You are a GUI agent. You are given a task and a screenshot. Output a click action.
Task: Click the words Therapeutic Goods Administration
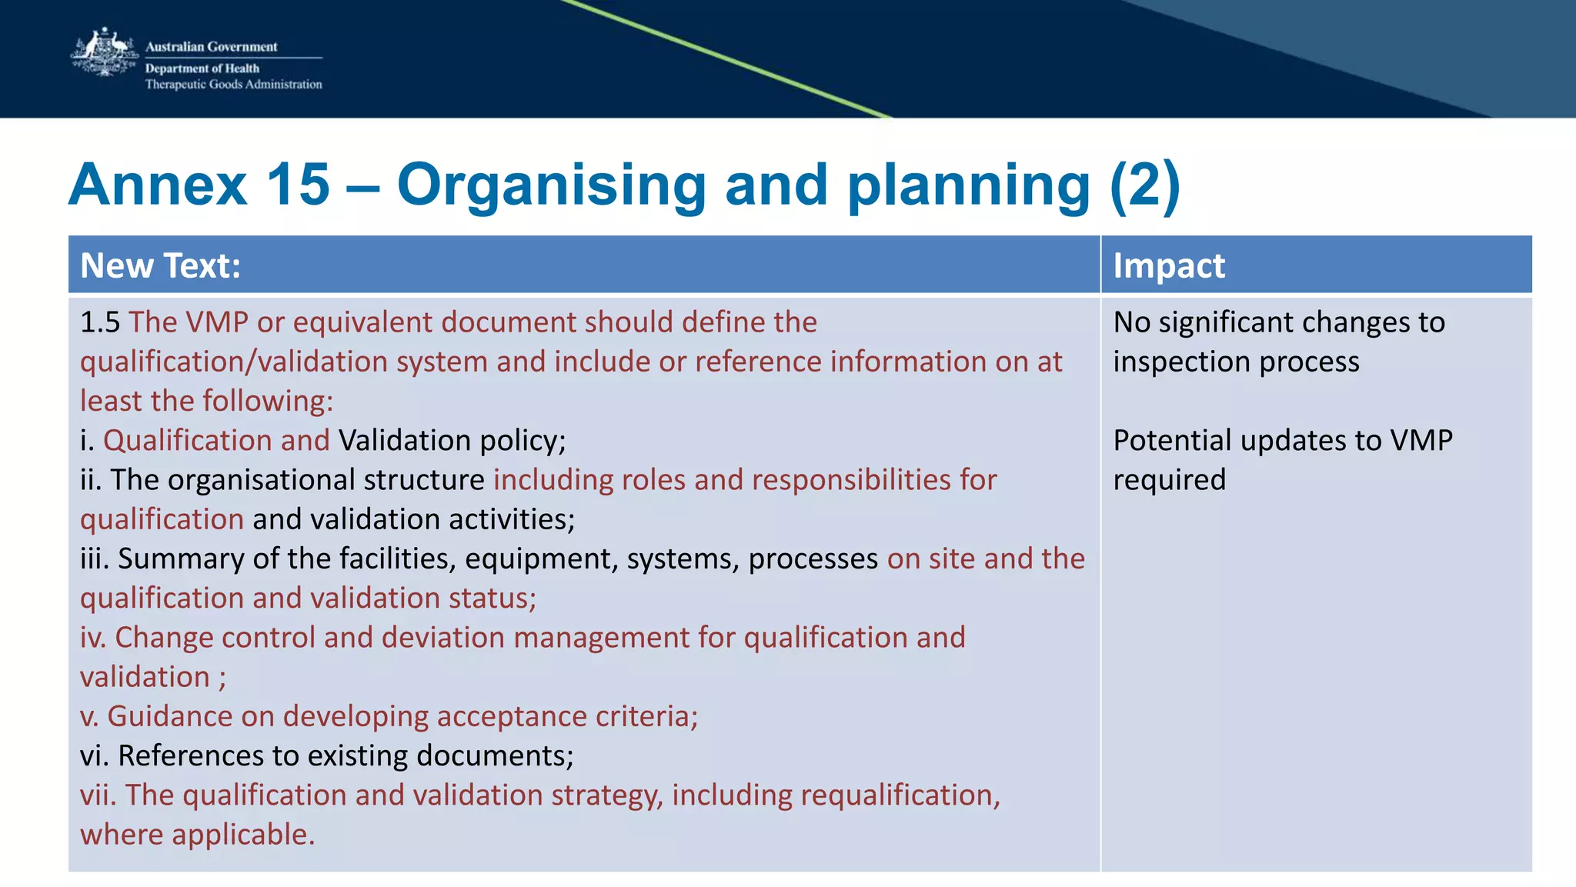pyautogui.click(x=233, y=85)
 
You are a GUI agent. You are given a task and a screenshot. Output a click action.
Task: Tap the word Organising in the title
pyautogui.click(x=551, y=185)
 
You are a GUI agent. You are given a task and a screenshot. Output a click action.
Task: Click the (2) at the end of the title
pyautogui.click(x=1144, y=185)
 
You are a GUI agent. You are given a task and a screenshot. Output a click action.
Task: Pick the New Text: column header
pyautogui.click(x=160, y=266)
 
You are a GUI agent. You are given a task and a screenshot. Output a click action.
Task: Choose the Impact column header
pyautogui.click(x=1168, y=266)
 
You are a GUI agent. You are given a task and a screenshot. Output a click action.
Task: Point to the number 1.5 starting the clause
pyautogui.click(x=100, y=322)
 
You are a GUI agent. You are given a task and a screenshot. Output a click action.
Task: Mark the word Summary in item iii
pyautogui.click(x=180, y=559)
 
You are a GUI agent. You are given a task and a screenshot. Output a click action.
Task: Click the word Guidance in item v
pyautogui.click(x=169, y=716)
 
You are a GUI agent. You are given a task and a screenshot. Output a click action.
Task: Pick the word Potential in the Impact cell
pyautogui.click(x=1172, y=441)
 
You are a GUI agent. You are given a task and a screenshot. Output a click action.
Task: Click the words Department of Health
pyautogui.click(x=202, y=68)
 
